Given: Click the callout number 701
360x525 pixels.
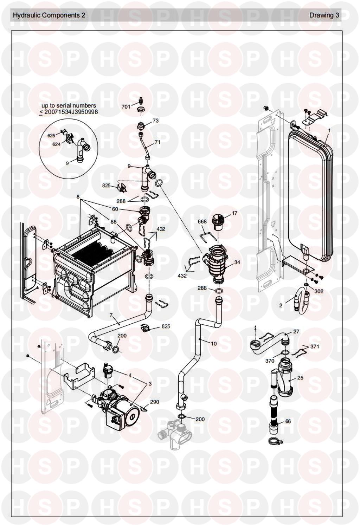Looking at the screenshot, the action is click(x=126, y=107).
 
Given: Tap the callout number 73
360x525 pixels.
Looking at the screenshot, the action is click(x=155, y=121).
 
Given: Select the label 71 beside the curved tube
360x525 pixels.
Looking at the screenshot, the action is click(x=157, y=142).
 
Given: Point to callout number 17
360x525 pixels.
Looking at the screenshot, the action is click(x=234, y=213).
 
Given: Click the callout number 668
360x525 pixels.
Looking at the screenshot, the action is click(x=202, y=221).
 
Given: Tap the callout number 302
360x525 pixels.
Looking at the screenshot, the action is click(x=319, y=291).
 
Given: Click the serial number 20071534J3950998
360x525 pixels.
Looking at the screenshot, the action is click(x=71, y=112).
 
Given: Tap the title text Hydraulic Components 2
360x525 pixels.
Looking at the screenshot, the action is click(x=49, y=15).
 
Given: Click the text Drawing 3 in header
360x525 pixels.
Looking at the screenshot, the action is click(x=324, y=15).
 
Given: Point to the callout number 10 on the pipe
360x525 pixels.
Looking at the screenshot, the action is click(x=214, y=344).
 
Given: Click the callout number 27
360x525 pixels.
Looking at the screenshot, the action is click(x=296, y=331).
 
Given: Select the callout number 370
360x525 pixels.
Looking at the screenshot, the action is click(x=270, y=361).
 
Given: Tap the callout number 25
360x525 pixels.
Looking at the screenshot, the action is click(x=300, y=377).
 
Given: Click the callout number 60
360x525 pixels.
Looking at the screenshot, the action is click(x=115, y=209).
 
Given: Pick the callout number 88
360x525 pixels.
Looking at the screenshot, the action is click(x=114, y=221).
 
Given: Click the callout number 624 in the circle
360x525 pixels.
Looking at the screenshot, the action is click(x=57, y=144).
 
